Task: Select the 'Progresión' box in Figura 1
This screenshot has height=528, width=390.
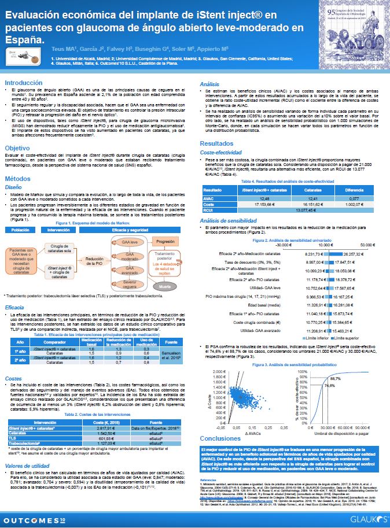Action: tap(166, 241)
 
